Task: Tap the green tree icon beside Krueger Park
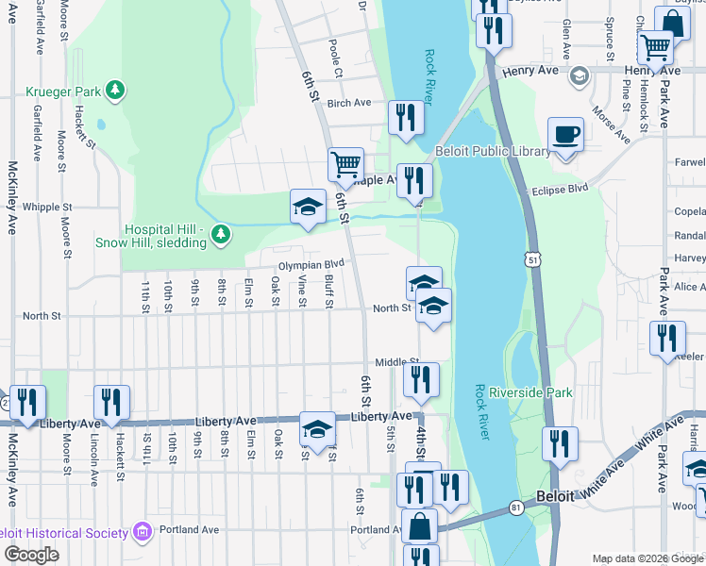[x=115, y=90]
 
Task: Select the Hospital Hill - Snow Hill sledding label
[x=150, y=236]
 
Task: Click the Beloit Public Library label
[x=492, y=152]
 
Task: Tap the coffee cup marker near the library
[x=565, y=135]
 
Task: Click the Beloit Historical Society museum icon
[x=143, y=533]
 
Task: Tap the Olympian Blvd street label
[x=311, y=265]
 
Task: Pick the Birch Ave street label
[x=349, y=103]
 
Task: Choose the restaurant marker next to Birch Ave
[x=406, y=118]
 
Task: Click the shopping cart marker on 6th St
[x=345, y=164]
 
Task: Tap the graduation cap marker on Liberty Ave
[x=318, y=429]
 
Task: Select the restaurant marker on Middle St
[x=421, y=379]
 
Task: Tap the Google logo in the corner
[x=32, y=555]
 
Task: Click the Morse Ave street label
[x=611, y=124]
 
